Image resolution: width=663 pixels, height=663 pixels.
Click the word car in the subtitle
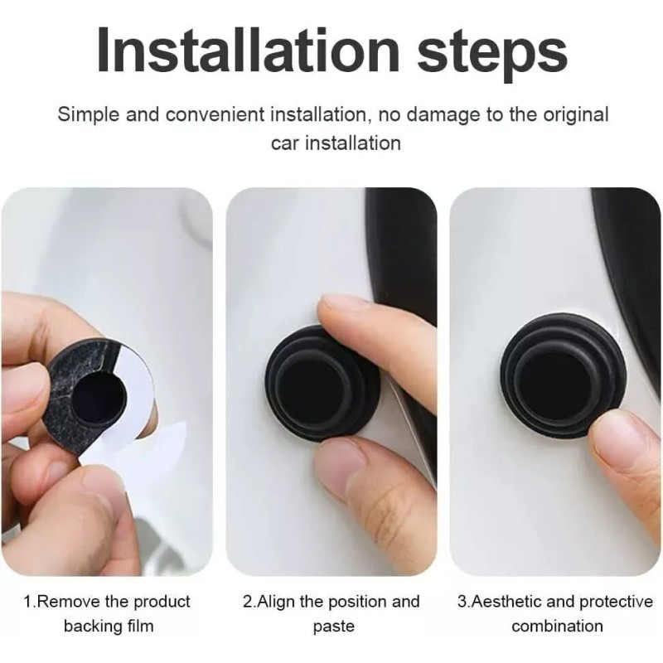pyautogui.click(x=287, y=143)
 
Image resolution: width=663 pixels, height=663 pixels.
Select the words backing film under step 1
pyautogui.click(x=108, y=627)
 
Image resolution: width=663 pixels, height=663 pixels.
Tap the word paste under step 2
pyautogui.click(x=333, y=627)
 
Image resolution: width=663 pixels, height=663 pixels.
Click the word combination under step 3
pyautogui.click(x=557, y=627)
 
